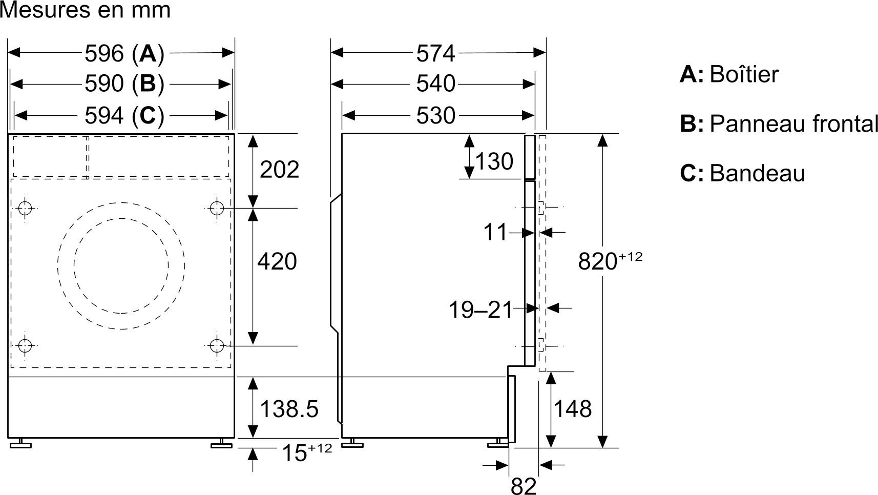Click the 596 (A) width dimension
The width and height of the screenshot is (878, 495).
[124, 53]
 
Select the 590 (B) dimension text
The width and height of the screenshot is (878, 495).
[124, 84]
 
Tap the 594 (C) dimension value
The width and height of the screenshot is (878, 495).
[124, 116]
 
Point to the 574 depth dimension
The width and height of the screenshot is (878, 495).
[435, 53]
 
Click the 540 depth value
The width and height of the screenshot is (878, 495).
[435, 84]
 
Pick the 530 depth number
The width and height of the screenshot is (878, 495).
[435, 116]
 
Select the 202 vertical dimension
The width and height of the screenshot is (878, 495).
[280, 170]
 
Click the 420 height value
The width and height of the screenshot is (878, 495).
[277, 261]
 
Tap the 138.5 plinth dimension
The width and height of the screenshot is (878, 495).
[289, 409]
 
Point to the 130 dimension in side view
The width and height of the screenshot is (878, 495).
[494, 161]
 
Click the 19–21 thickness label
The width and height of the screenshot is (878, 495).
[480, 310]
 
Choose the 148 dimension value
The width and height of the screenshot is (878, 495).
[572, 409]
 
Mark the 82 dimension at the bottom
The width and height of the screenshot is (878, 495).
[524, 486]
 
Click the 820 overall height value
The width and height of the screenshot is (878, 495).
[598, 261]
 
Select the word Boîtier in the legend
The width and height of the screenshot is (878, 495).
[744, 74]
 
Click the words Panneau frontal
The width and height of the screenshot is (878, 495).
[793, 123]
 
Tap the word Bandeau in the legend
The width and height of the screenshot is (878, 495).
[757, 173]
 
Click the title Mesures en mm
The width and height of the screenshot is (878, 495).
[85, 10]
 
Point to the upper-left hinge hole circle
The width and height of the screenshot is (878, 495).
[25, 208]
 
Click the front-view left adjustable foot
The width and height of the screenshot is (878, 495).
[20, 443]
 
